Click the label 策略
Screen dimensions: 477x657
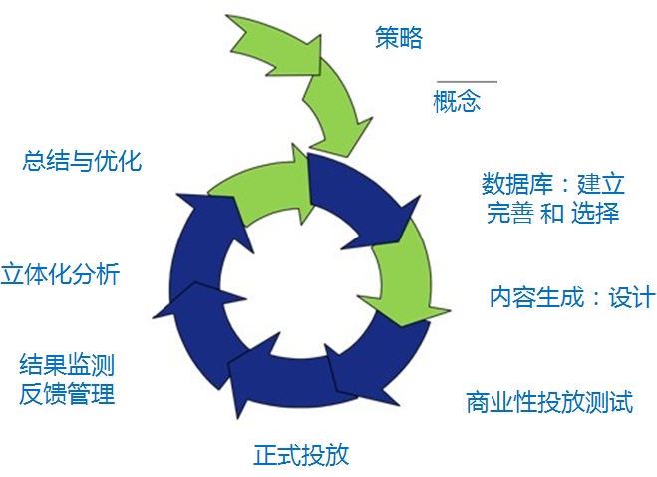pos(399,38)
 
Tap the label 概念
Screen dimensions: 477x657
pos(457,101)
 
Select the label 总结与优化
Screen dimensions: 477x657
pos(82,161)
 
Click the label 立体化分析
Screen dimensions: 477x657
pos(60,273)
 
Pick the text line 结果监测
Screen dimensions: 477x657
pos(67,364)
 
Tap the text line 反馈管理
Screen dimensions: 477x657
pos(67,393)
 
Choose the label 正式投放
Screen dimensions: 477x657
pos(301,455)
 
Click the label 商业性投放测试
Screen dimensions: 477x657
pos(548,402)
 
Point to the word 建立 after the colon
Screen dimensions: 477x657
pos(600,185)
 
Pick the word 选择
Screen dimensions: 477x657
pos(596,213)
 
